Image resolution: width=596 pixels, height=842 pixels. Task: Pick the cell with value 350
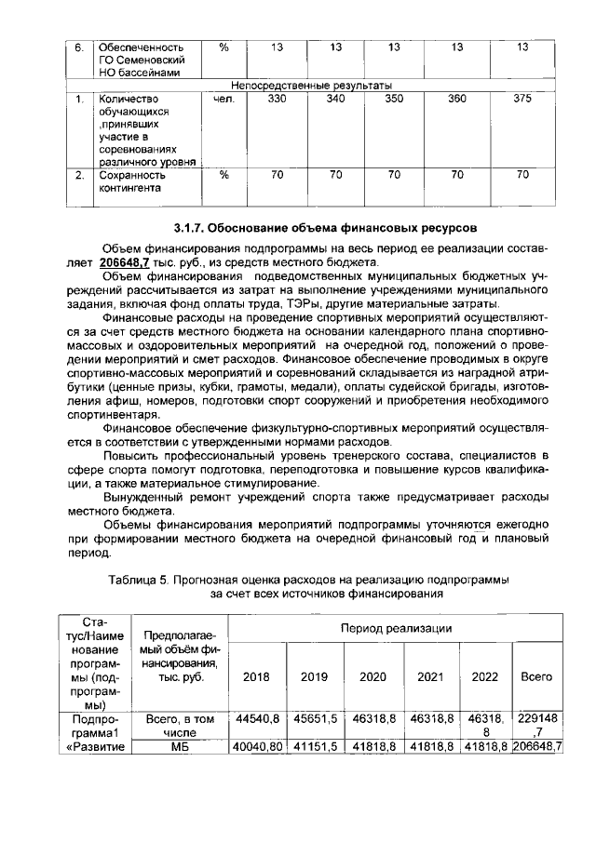click(x=394, y=100)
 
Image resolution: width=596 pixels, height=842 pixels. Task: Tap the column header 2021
click(x=431, y=676)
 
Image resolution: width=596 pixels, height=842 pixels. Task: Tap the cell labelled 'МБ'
click(x=180, y=746)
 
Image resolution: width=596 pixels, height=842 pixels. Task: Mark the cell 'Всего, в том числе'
click(x=180, y=726)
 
